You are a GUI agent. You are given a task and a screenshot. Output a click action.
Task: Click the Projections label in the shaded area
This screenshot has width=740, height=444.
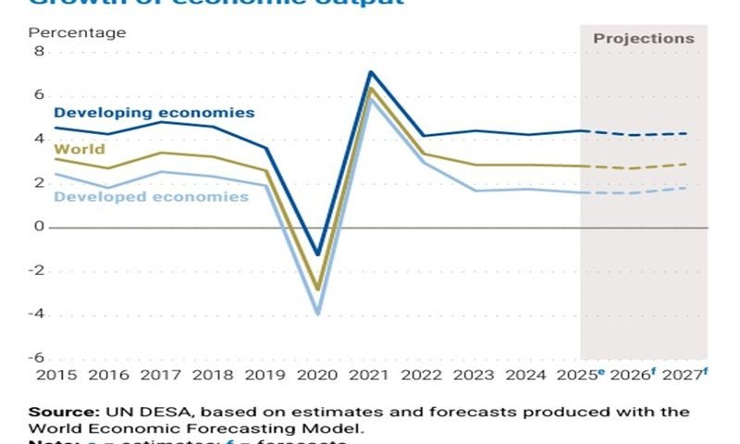point(643,39)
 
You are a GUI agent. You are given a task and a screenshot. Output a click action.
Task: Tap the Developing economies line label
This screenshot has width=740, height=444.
point(154,113)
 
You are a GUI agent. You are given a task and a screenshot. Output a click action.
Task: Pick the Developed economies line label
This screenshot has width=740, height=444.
point(152,196)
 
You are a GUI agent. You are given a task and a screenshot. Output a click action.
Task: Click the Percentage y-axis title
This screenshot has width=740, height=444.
point(77,32)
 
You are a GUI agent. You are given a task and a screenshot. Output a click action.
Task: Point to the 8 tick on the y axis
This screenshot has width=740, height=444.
point(39,52)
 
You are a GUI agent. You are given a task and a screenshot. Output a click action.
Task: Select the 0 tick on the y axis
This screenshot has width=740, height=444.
point(39,227)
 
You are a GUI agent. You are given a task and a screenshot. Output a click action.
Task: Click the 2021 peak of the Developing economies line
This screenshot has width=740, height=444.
point(371,71)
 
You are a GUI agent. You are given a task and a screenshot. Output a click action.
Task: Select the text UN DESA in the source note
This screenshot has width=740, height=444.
point(151,411)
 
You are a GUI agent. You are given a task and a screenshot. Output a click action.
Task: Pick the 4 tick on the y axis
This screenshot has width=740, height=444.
point(39,140)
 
